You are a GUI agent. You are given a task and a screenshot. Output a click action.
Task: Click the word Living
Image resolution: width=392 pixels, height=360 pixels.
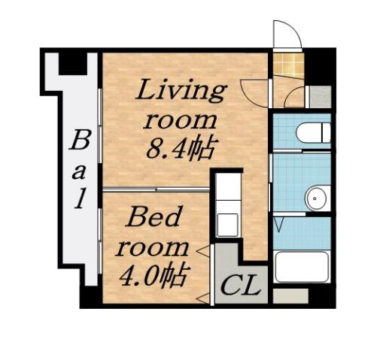pos(180,92)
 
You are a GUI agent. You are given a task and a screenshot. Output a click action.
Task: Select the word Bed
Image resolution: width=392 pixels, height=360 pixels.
pos(153,219)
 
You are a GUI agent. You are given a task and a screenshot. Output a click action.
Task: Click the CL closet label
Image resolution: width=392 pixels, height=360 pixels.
pos(242,286)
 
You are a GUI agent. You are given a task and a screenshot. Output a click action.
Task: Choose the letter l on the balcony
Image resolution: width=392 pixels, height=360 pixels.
pos(86,199)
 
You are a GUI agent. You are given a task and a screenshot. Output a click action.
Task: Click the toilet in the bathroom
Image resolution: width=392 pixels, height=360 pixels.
pos(312,133)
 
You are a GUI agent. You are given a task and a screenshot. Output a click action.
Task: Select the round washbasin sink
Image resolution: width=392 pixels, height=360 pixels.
pos(315,198)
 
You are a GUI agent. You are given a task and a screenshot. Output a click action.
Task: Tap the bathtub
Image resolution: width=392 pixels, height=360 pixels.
pos(301,267)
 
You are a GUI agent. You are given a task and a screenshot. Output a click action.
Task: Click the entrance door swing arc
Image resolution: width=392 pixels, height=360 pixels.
pos(286,32)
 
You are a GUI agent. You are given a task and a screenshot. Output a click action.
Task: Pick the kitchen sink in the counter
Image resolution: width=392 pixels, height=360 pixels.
pos(226,222)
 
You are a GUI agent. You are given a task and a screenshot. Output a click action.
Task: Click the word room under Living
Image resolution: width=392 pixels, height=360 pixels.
pos(181,120)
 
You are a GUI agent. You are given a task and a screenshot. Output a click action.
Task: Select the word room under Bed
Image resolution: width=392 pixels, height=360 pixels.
pos(155,247)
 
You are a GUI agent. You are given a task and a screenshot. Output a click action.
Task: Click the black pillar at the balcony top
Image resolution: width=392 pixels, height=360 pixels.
pos(72,62)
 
